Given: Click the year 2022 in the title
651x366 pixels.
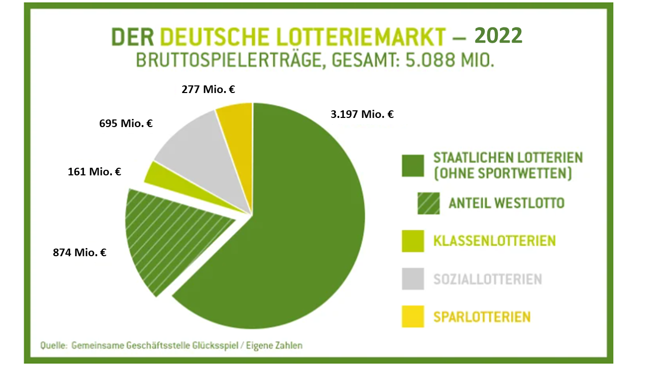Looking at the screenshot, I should coord(498,36).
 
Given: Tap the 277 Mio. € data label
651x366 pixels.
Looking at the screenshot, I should coord(208,90).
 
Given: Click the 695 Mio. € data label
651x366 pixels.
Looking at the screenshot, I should coord(126,123).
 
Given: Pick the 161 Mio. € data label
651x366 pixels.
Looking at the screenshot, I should coord(94,172).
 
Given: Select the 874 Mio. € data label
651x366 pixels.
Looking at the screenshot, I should coord(80,252).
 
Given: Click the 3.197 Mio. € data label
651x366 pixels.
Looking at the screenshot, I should coord(362,114).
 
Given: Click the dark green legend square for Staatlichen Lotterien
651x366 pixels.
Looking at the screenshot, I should coord(412,165).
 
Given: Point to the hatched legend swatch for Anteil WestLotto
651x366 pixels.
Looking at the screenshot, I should coord(428,203).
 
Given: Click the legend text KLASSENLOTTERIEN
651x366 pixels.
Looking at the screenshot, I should coord(494,240).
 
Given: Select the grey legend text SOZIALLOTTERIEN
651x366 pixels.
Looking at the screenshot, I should coord(487,279).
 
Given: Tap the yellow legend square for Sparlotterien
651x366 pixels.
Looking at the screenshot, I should coord(412,317).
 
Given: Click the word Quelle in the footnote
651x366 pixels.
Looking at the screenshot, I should coord(53,346).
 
